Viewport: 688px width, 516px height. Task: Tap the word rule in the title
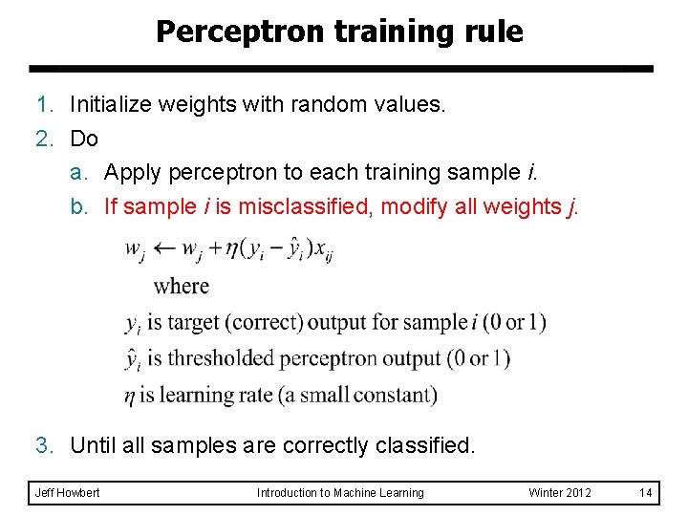[x=492, y=32]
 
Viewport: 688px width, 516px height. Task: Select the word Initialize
[x=115, y=103]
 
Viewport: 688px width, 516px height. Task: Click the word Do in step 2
[x=84, y=139]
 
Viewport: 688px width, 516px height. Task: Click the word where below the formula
[x=181, y=285]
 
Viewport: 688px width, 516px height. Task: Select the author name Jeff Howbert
[x=67, y=493]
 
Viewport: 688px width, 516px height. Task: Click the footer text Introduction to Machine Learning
[x=340, y=493]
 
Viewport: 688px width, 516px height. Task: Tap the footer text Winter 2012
[x=560, y=493]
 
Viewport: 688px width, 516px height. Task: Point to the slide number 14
[x=646, y=493]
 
